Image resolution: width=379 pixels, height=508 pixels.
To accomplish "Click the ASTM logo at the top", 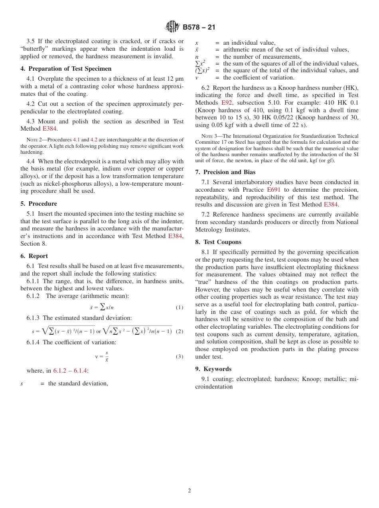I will click(173, 27).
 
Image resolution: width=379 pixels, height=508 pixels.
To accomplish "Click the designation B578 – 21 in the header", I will click(199, 27).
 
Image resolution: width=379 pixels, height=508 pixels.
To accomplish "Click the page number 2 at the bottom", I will click(189, 490).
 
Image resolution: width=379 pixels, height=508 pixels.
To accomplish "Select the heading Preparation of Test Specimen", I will click(66, 69).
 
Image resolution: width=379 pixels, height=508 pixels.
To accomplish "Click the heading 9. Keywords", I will click(213, 369).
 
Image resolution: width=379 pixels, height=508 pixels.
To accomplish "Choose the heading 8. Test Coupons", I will click(218, 242).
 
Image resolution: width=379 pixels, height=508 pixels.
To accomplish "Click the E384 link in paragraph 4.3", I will click(49, 129).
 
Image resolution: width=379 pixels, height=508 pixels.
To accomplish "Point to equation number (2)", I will click(179, 331).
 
